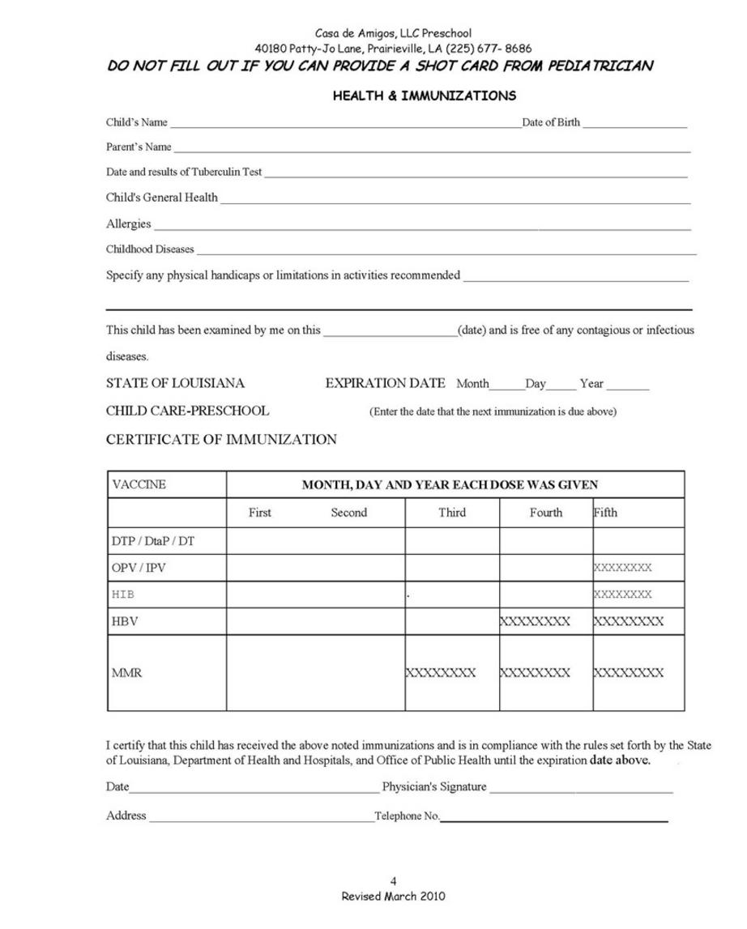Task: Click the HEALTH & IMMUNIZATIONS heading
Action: coord(424,96)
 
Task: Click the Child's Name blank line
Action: coord(346,125)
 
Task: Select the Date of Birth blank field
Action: coord(634,125)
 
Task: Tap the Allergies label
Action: coord(128,224)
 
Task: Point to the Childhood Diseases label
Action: coord(150,249)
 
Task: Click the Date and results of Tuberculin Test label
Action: coord(184,172)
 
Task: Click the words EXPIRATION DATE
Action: coord(385,383)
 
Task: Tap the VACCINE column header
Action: coord(139,484)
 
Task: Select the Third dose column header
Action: coord(452,513)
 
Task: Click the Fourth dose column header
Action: coord(545,513)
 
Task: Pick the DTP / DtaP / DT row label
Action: coord(152,541)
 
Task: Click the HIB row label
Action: coord(123,594)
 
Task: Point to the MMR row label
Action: coord(126,672)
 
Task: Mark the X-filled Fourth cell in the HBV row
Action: coord(535,621)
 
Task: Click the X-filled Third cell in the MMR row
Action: coord(441,672)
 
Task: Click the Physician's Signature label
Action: coord(434,786)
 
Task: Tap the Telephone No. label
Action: coord(407,816)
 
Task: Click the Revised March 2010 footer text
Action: coord(393,896)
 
